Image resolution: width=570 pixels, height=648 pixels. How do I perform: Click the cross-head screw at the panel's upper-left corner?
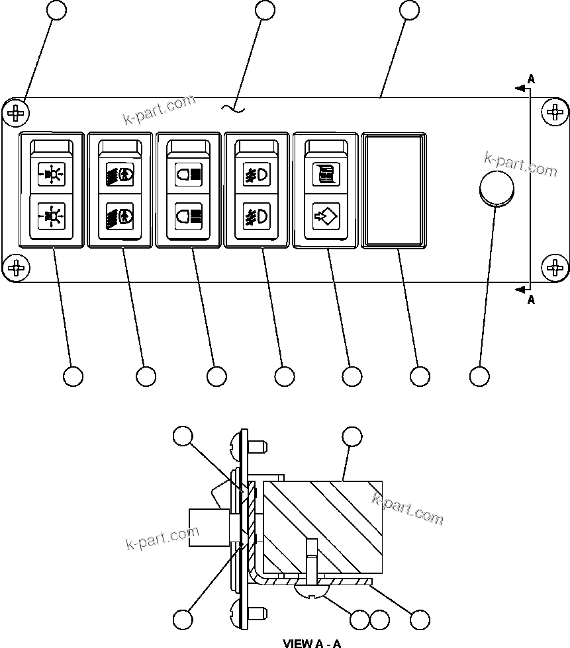tap(16, 113)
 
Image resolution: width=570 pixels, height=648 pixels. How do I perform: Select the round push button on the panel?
tap(496, 188)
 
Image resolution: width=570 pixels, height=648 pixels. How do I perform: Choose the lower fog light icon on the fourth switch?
tap(256, 216)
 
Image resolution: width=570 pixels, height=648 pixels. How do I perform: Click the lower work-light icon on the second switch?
tap(120, 216)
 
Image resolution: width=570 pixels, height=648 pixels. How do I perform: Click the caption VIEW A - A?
tap(312, 643)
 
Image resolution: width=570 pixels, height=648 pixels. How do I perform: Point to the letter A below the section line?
tap(530, 300)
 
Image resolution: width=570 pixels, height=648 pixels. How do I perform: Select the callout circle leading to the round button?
tap(479, 376)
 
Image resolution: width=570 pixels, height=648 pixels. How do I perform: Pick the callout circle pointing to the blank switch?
tap(420, 376)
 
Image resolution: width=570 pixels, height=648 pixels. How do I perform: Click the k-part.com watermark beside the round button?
tap(521, 165)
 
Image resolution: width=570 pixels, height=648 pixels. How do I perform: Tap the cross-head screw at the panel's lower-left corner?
tap(16, 268)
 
